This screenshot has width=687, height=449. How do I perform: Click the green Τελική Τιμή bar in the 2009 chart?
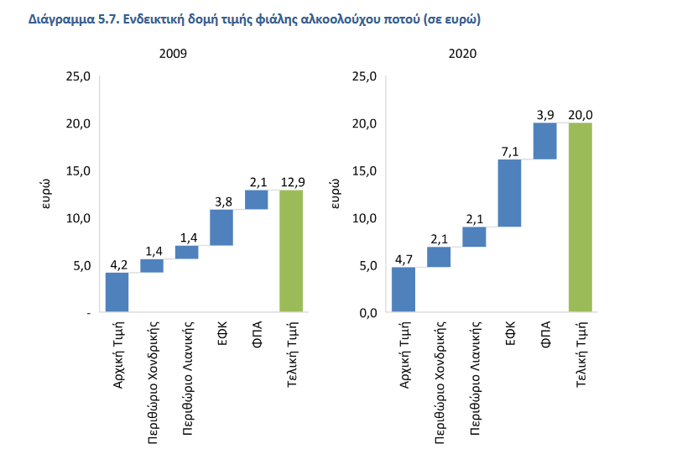pyautogui.click(x=291, y=251)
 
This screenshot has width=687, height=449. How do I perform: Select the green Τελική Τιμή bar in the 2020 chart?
pyautogui.click(x=580, y=217)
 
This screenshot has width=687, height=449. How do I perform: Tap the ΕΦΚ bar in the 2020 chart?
pyautogui.click(x=509, y=193)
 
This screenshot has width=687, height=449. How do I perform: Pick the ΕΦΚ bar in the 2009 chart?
pyautogui.click(x=221, y=227)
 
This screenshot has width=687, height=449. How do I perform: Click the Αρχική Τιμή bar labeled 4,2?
pyautogui.click(x=117, y=292)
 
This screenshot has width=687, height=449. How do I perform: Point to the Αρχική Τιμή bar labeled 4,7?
pyautogui.click(x=403, y=290)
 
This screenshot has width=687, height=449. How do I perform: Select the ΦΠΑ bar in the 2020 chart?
pyautogui.click(x=544, y=141)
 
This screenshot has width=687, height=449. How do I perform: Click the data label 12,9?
pyautogui.click(x=291, y=181)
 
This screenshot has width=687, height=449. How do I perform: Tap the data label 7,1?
pyautogui.click(x=509, y=150)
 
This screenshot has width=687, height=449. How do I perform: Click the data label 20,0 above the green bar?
pyautogui.click(x=580, y=114)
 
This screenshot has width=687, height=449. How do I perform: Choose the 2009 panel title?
pyautogui.click(x=174, y=54)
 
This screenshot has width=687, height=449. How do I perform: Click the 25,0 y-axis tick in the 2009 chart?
pyautogui.click(x=78, y=76)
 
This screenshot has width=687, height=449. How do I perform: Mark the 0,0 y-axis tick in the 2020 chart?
pyautogui.click(x=366, y=313)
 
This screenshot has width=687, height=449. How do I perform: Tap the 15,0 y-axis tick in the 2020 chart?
pyautogui.click(x=364, y=171)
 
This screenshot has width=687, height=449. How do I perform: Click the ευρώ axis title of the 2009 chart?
pyautogui.click(x=49, y=194)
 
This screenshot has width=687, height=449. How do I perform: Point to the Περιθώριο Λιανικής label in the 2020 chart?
pyautogui.click(x=475, y=366)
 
